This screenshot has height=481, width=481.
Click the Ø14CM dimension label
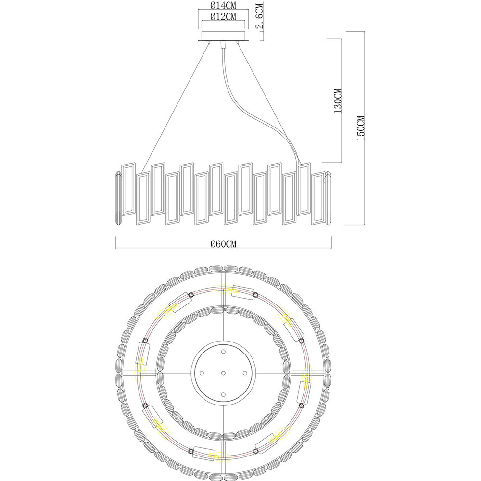click(x=223, y=5)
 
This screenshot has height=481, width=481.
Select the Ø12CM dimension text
click(x=223, y=16)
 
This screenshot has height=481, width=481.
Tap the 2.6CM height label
click(x=260, y=16)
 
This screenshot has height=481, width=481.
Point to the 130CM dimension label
click(x=338, y=101)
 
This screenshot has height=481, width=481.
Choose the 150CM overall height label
click(x=361, y=128)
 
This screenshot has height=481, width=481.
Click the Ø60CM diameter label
click(x=224, y=244)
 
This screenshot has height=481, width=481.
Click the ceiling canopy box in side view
click(x=223, y=36)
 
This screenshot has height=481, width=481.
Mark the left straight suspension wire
click(x=175, y=108)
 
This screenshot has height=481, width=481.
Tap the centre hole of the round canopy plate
click(x=223, y=373)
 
